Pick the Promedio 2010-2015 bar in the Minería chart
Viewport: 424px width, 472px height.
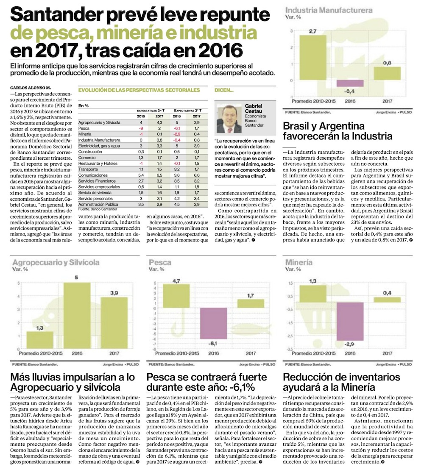pos(313,294)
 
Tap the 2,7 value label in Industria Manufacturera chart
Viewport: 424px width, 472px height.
pos(313,31)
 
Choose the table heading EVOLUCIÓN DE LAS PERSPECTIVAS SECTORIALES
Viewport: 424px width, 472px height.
pos(139,90)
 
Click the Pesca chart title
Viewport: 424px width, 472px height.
pos(160,263)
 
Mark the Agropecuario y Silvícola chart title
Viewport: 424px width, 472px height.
pos(56,263)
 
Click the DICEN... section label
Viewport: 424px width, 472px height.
pos(224,90)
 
